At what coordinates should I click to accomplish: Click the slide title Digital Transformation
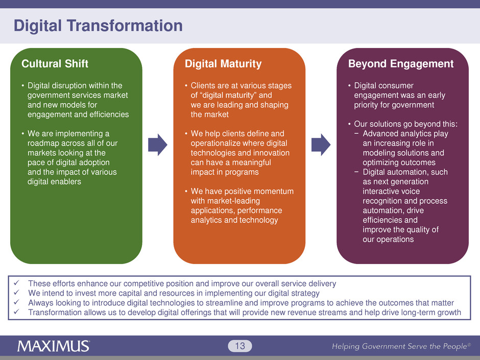98,26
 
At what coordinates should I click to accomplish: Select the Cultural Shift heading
55,64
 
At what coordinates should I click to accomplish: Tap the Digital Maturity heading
223,64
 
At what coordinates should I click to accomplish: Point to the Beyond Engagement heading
401,64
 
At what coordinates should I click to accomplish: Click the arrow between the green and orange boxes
158,145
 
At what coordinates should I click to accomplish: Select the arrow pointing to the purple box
321,145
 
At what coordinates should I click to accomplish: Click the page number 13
240,346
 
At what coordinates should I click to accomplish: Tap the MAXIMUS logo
54,346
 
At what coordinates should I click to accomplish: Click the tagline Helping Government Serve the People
401,346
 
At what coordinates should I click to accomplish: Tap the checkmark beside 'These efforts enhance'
16,283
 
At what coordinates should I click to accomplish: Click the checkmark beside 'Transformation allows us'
16,312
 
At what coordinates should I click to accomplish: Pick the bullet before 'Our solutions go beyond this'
349,124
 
